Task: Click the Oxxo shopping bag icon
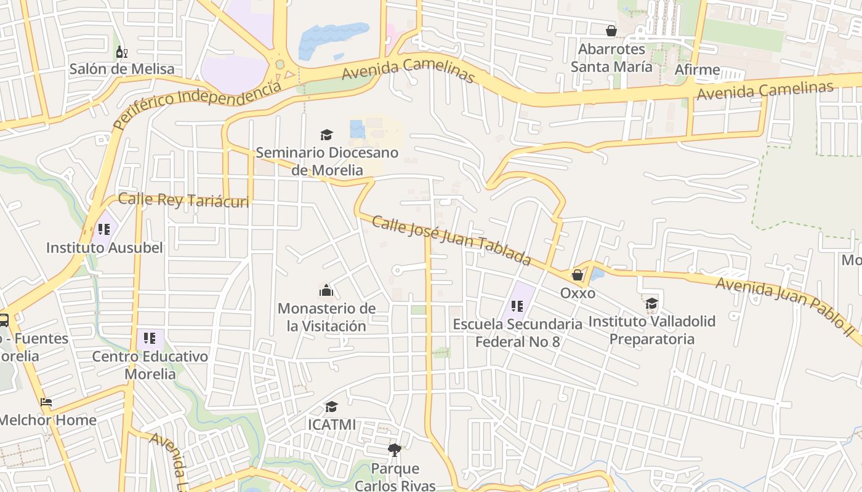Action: coord(578,275)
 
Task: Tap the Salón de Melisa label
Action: coord(122,69)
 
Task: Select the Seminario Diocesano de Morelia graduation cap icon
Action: coord(326,135)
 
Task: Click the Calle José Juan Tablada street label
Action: coord(451,240)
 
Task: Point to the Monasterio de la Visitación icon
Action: coord(326,290)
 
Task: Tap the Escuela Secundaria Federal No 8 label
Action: coord(517,333)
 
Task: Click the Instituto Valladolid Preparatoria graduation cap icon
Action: coord(651,303)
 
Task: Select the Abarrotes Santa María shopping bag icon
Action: coord(611,31)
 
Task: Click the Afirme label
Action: coord(697,69)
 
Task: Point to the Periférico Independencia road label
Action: coord(197,104)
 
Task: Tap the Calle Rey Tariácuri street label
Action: coord(183,200)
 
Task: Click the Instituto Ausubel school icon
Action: coord(104,229)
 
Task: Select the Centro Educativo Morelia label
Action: coord(150,365)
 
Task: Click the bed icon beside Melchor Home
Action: coord(46,403)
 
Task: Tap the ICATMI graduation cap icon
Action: coord(331,407)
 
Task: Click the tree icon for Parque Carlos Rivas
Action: coord(395,450)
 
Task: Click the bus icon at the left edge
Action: coord(4,320)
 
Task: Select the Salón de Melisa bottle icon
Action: coord(121,52)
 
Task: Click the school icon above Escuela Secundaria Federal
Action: coord(517,306)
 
